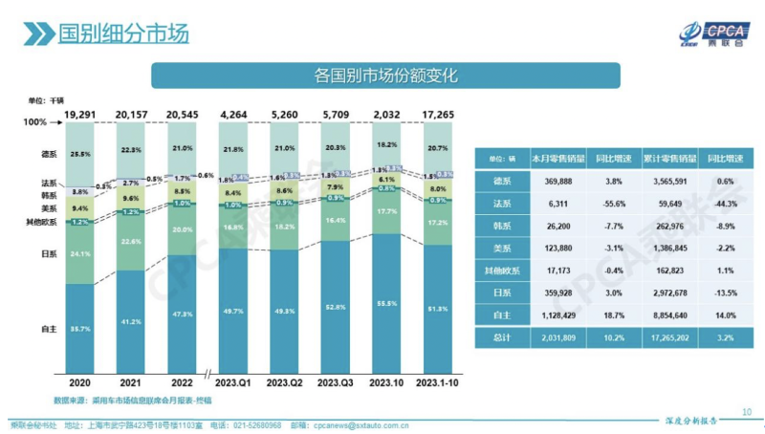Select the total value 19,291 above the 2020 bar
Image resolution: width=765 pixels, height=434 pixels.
coord(80,113)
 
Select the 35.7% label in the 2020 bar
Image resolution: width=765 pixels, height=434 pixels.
coord(81,329)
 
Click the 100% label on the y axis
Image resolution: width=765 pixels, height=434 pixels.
coord(34,122)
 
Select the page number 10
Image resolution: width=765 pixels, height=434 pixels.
coord(747,412)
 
